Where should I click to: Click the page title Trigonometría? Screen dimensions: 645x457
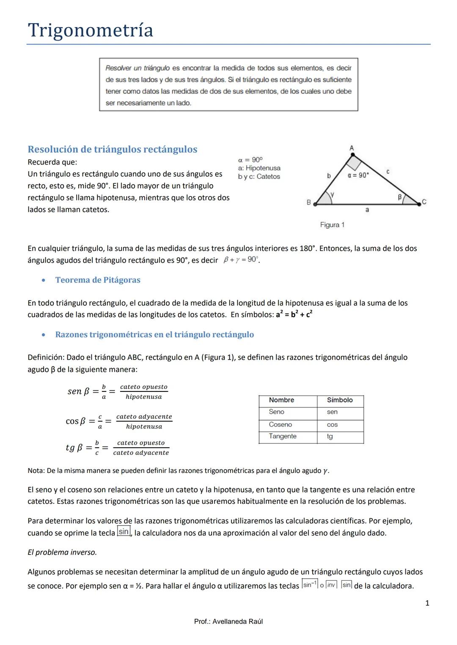(x=91, y=30)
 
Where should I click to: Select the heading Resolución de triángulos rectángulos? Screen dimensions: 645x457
(x=112, y=149)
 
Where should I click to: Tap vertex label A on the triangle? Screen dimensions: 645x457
(x=352, y=148)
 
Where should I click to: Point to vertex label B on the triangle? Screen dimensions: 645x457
(x=308, y=202)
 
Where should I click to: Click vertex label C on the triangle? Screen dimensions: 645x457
(x=424, y=202)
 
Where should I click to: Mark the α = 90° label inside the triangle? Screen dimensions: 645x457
(x=358, y=175)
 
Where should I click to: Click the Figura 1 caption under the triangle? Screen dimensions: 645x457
(x=332, y=225)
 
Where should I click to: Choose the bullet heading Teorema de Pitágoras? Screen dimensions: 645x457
(x=98, y=280)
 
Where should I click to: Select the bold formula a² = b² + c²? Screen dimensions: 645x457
(x=294, y=314)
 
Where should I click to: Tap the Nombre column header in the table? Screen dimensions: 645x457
(x=281, y=400)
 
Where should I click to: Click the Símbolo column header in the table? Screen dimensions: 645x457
(x=339, y=400)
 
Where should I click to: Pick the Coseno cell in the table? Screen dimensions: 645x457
(x=280, y=424)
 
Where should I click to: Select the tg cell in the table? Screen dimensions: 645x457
(x=330, y=436)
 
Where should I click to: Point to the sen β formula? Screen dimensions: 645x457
(x=118, y=391)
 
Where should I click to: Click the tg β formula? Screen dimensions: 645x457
(x=117, y=448)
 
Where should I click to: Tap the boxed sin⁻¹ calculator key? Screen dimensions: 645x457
(x=309, y=585)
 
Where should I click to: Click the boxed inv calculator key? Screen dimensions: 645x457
(x=331, y=585)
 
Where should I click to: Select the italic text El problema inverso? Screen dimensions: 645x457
(x=62, y=552)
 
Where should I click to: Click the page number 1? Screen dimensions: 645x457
(x=427, y=603)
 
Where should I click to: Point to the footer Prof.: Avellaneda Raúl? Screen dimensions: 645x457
(x=228, y=621)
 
